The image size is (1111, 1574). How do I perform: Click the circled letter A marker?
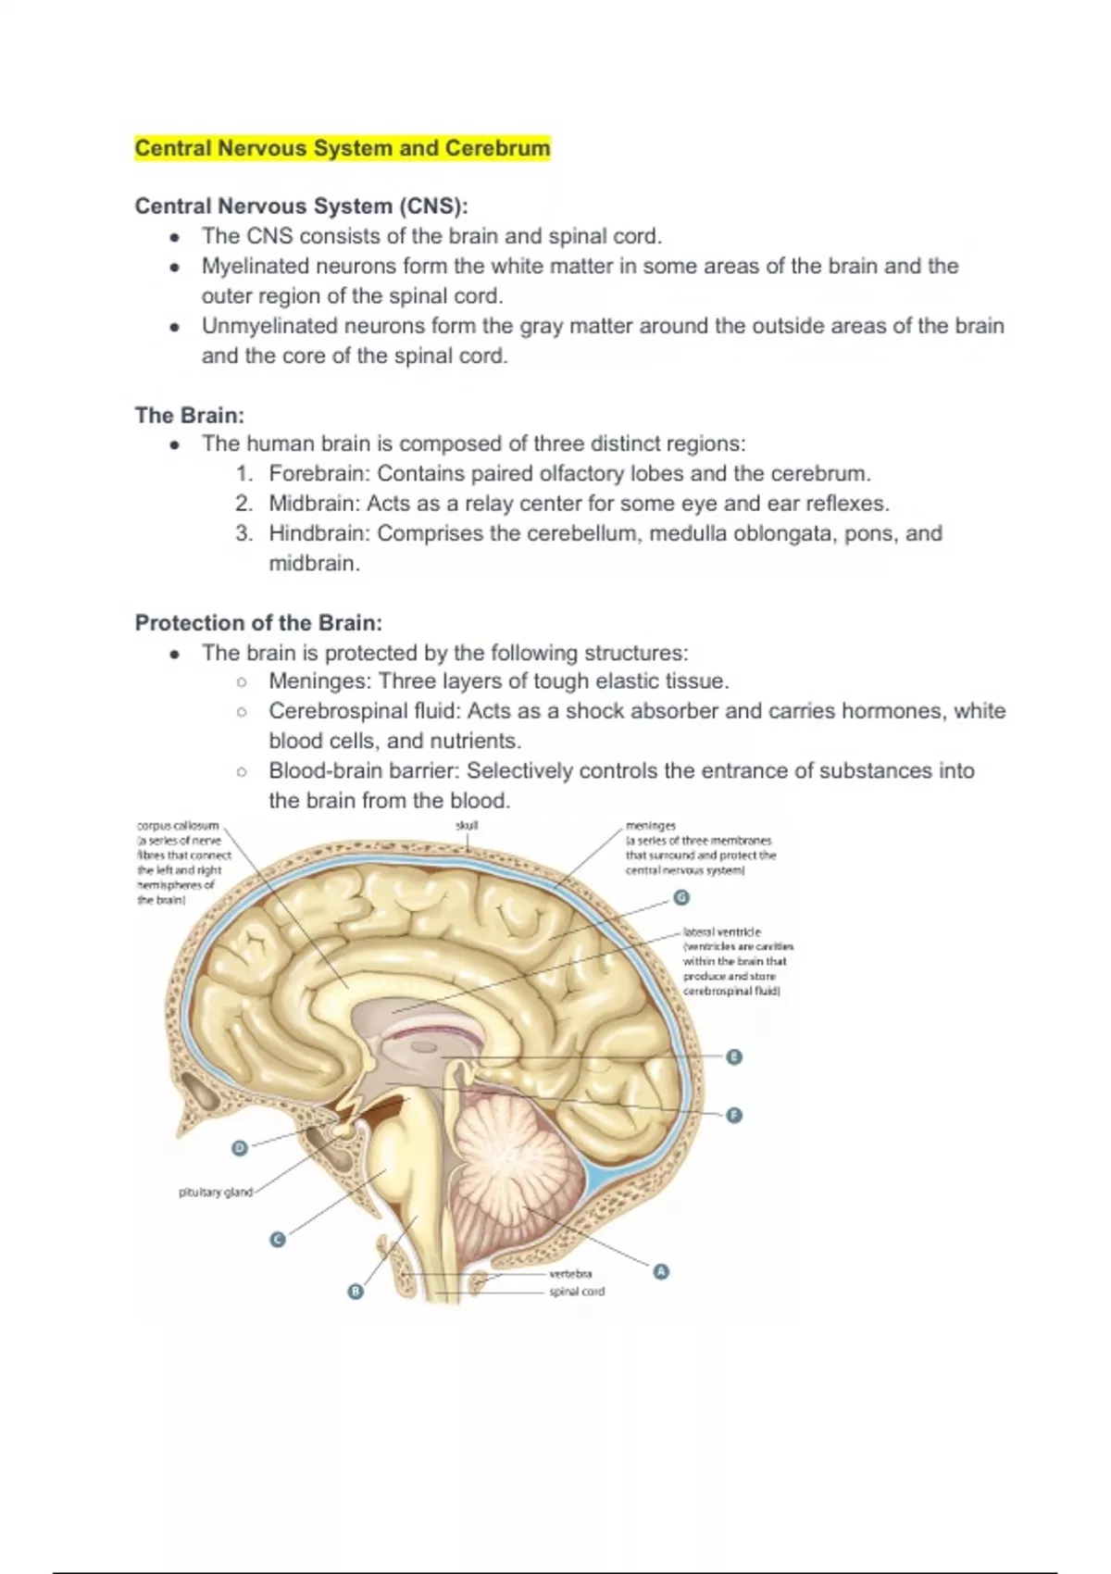point(660,1272)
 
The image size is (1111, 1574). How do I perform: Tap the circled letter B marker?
point(356,1292)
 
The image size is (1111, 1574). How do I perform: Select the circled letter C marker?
point(276,1240)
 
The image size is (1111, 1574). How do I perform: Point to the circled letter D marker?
point(240,1148)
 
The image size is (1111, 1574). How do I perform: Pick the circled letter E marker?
point(734,1056)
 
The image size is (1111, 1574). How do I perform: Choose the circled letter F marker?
point(734,1115)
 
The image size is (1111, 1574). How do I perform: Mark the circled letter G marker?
point(681,896)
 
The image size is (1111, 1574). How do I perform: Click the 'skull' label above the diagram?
point(467,825)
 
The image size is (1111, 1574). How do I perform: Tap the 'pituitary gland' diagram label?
point(215,1193)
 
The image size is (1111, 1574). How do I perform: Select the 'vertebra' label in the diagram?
point(570,1274)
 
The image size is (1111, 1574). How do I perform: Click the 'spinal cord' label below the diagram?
point(577,1292)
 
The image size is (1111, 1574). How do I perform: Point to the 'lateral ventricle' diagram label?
point(722,932)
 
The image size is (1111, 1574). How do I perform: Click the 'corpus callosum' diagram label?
point(178,825)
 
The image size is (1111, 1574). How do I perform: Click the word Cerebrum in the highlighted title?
point(497,148)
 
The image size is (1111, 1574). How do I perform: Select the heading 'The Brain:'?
point(190,415)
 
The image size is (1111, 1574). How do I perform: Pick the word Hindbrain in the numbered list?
point(318,533)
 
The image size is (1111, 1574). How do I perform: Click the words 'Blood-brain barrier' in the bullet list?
point(365,770)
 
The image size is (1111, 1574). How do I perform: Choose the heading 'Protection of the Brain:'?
point(258,622)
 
